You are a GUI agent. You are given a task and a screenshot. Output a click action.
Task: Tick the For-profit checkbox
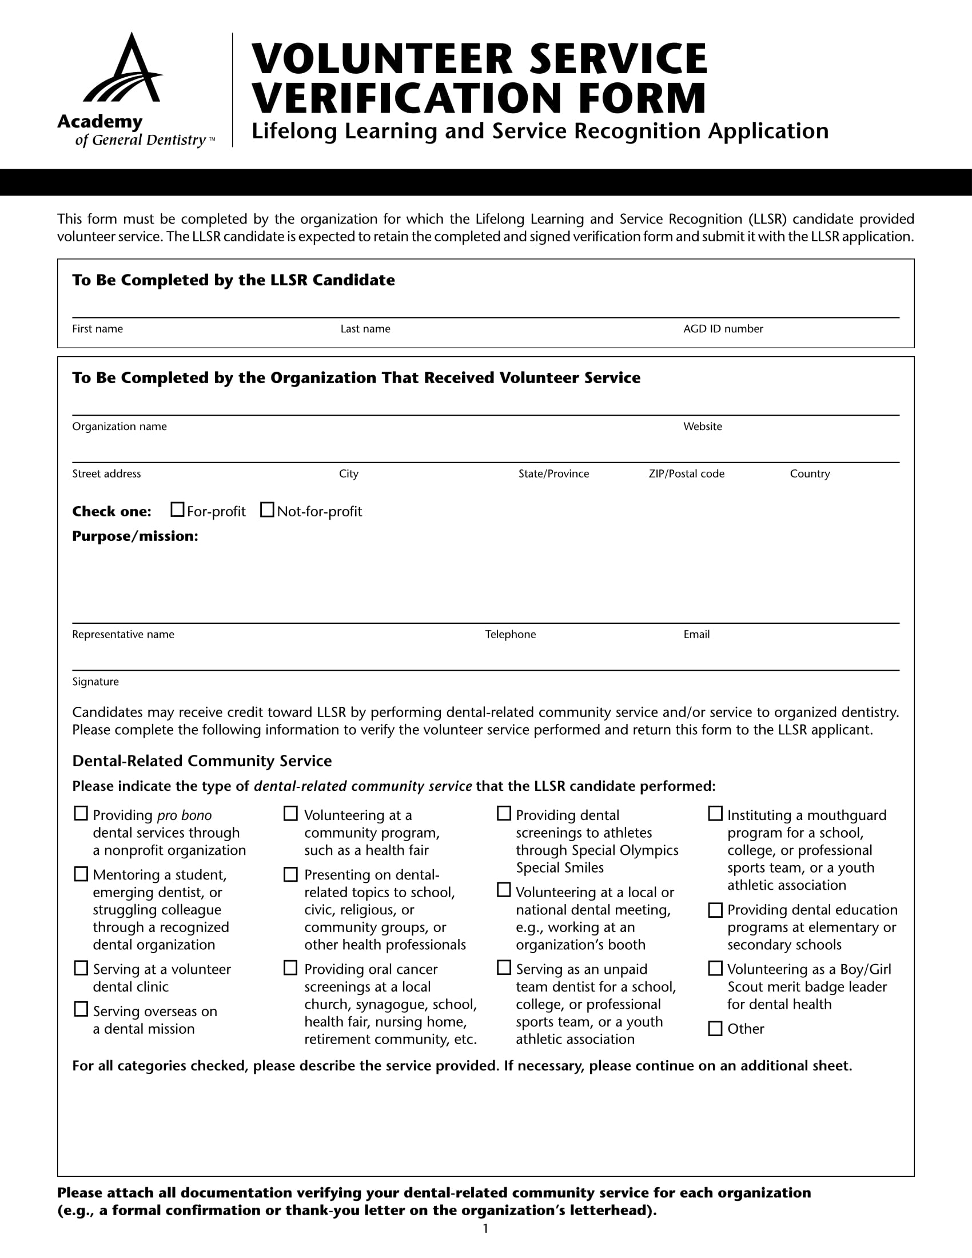click(x=177, y=509)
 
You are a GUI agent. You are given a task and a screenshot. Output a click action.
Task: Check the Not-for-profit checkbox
click(x=267, y=509)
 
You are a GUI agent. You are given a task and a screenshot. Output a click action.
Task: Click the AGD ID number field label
click(x=723, y=329)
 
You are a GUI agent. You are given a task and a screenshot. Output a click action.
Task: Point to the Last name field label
click(x=365, y=329)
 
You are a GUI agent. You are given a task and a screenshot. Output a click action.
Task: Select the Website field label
click(x=702, y=426)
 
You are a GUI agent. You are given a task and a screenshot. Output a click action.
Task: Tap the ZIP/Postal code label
click(x=686, y=473)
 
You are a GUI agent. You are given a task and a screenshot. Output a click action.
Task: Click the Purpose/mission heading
click(x=135, y=536)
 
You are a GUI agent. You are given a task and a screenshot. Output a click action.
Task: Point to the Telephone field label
click(x=510, y=634)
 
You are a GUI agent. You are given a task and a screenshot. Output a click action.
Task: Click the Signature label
click(x=95, y=682)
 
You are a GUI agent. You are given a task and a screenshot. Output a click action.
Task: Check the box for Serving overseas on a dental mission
click(x=81, y=1009)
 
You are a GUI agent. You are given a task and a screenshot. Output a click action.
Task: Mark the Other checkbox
click(x=715, y=1028)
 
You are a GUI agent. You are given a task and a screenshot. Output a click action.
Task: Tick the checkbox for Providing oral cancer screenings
click(x=291, y=968)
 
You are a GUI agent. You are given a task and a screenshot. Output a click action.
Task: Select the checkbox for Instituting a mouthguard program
click(x=715, y=813)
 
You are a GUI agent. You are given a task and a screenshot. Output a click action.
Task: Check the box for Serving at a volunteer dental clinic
click(x=81, y=968)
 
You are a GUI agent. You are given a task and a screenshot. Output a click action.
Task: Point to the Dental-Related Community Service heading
click(x=201, y=761)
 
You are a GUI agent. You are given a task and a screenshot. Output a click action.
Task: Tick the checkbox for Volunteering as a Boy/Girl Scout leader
click(x=715, y=968)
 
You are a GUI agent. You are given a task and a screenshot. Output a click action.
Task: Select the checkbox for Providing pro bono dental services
click(x=81, y=813)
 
